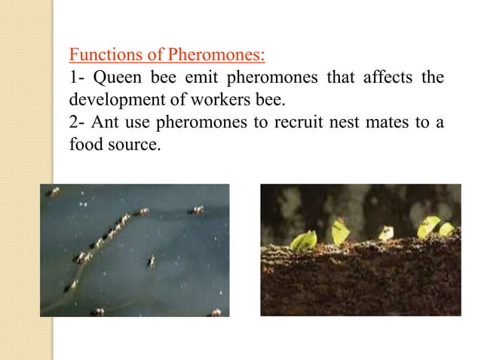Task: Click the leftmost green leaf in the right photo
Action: (x=305, y=240)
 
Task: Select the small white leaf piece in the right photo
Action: (x=386, y=233)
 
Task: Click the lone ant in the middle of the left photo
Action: (x=151, y=261)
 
